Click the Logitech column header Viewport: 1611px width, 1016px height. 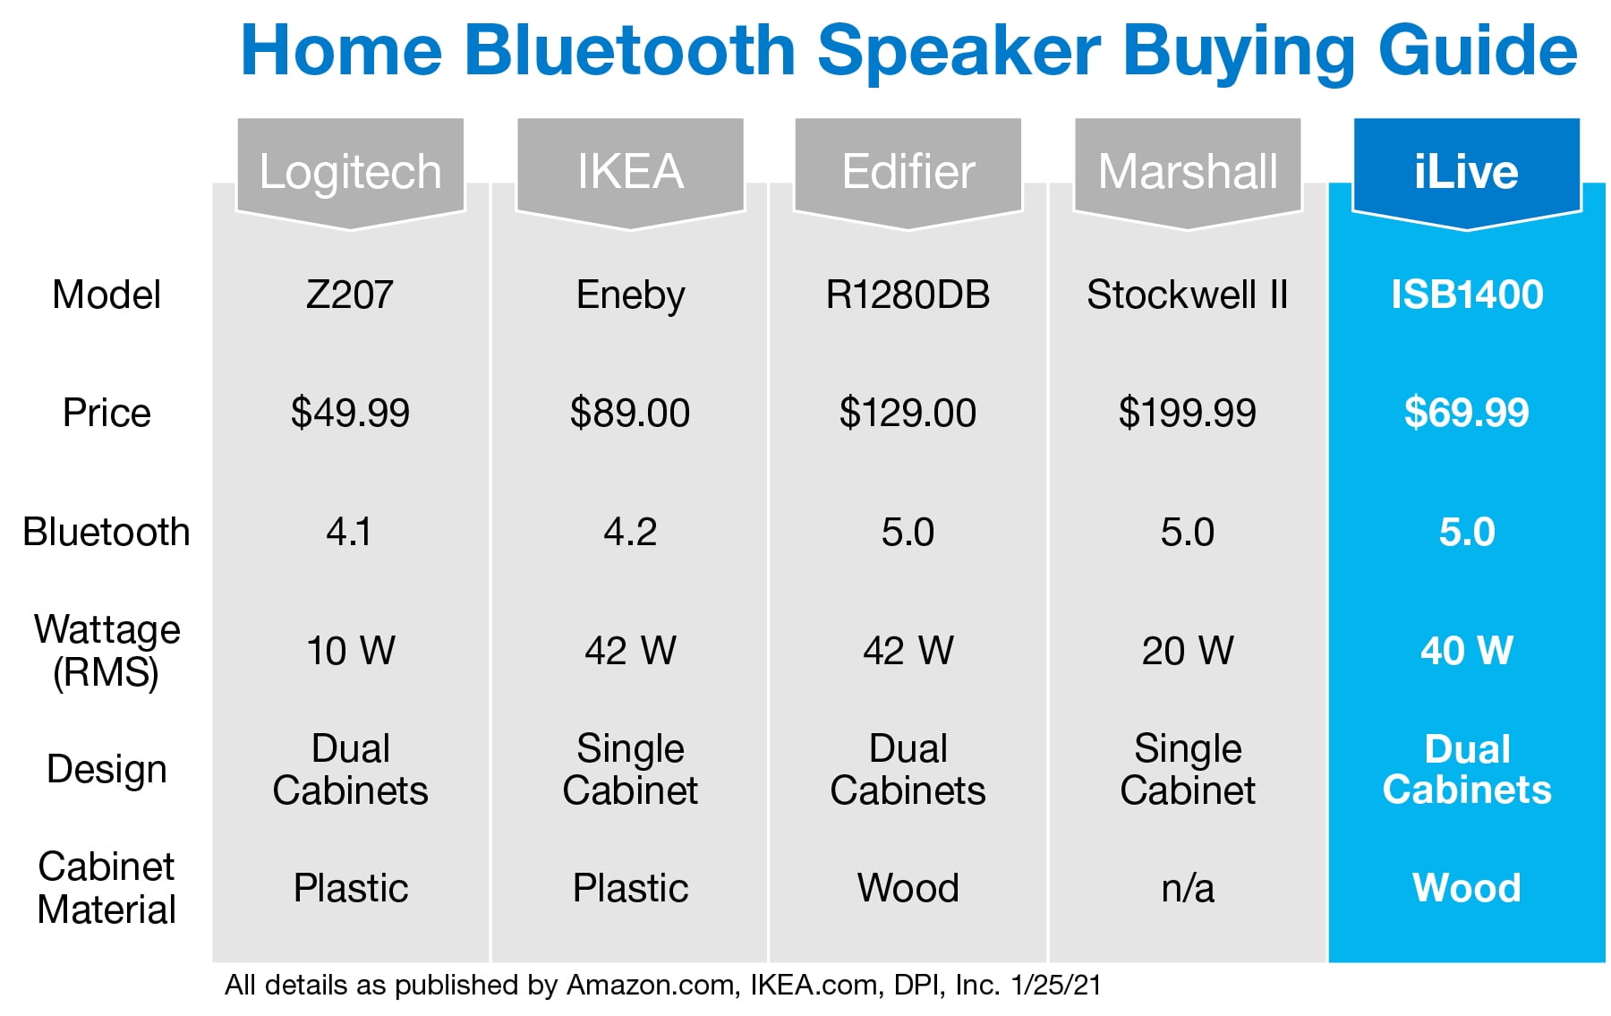pyautogui.click(x=350, y=172)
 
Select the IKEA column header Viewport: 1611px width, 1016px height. pyautogui.click(x=630, y=172)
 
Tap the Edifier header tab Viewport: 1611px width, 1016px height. pyautogui.click(x=908, y=172)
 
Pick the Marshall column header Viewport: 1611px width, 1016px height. pyautogui.click(x=1188, y=172)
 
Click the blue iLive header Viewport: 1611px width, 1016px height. pyautogui.click(x=1467, y=172)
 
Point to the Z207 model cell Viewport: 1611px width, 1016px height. pyautogui.click(x=350, y=295)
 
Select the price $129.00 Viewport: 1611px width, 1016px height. pyautogui.click(x=908, y=413)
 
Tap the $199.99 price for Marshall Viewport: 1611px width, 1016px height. pyautogui.click(x=1188, y=413)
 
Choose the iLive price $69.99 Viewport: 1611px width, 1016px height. pyautogui.click(x=1467, y=413)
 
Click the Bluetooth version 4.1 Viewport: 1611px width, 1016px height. pyautogui.click(x=349, y=532)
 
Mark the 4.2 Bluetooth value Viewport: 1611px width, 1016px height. pyautogui.click(x=630, y=532)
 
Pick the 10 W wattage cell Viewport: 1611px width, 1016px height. pyautogui.click(x=351, y=651)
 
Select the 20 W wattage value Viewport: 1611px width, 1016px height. pyautogui.click(x=1188, y=651)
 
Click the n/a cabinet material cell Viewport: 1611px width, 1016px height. pyautogui.click(x=1188, y=889)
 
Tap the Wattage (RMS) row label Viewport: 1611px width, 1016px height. pyautogui.click(x=107, y=652)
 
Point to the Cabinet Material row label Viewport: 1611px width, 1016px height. pyautogui.click(x=107, y=888)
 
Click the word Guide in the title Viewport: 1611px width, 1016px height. pyautogui.click(x=1478, y=51)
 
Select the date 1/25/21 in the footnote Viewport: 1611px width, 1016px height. pyautogui.click(x=1056, y=986)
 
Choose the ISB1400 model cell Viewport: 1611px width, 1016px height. pyautogui.click(x=1467, y=295)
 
